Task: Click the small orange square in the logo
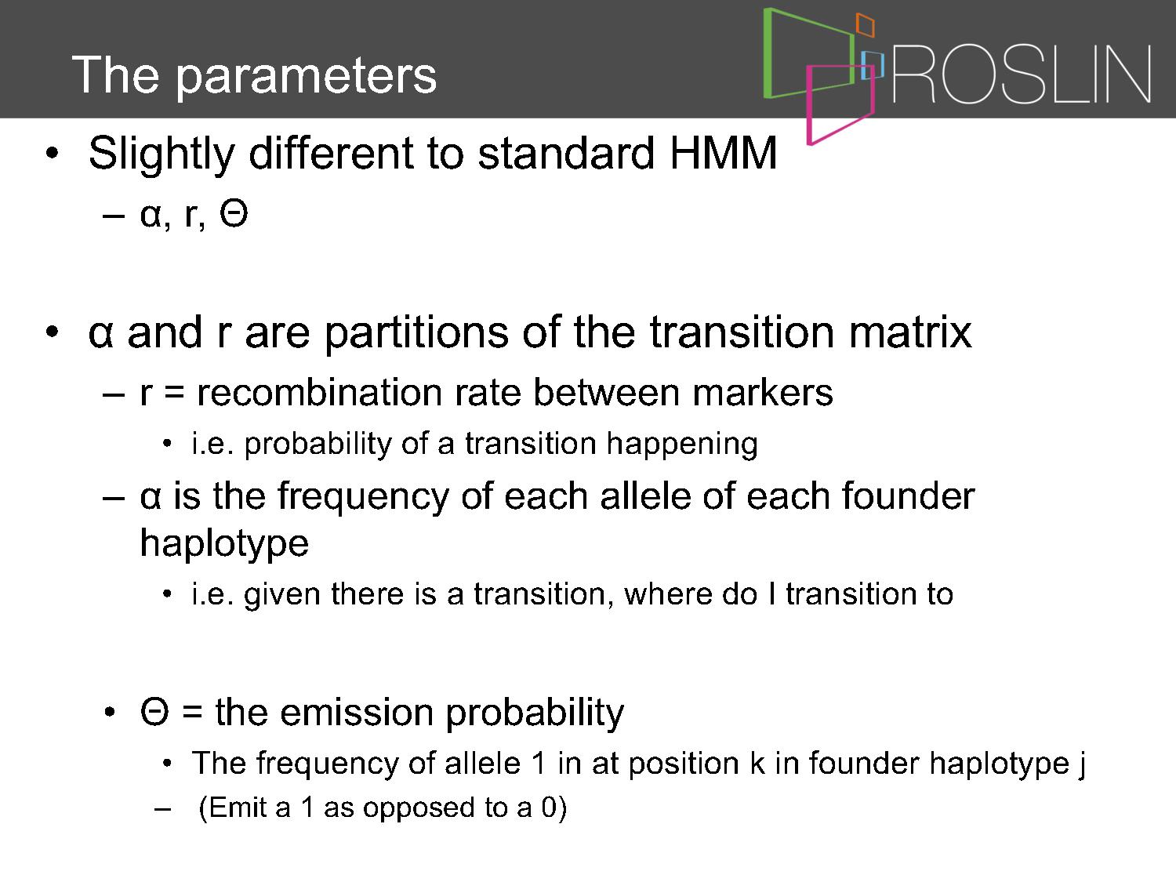866,25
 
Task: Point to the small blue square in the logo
872,65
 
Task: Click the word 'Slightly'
162,155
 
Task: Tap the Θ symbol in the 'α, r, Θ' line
234,214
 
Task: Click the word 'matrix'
910,332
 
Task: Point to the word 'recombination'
320,393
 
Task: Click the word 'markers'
762,393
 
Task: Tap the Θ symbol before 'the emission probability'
154,713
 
